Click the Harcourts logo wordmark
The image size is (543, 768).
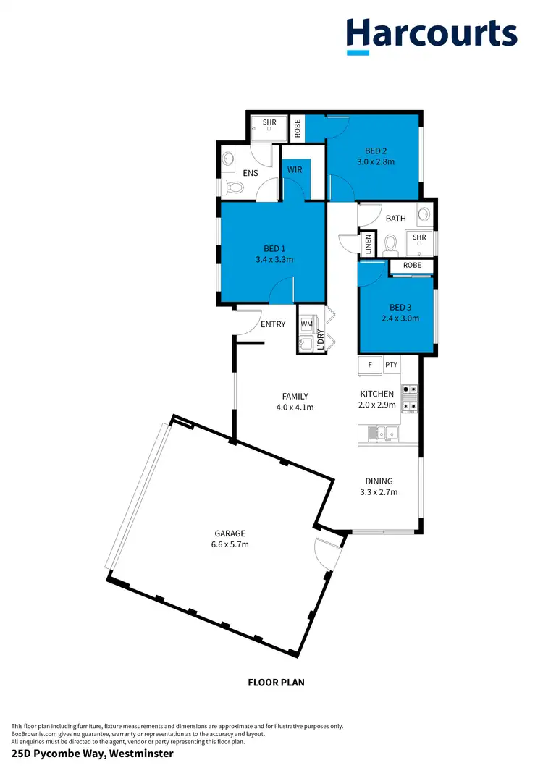432,34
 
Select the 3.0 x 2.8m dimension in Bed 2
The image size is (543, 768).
376,162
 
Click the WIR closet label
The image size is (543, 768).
295,170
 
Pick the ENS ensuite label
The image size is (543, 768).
251,173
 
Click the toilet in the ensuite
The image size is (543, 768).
233,187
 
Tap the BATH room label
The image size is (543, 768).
396,219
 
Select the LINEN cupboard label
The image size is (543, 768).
369,244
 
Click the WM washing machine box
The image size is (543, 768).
306,324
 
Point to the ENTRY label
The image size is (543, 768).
273,324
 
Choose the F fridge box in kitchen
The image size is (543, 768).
370,365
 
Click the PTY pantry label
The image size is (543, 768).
391,365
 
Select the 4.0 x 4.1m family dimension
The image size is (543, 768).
295,407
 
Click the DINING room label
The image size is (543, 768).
379,481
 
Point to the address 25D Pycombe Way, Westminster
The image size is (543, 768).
92,754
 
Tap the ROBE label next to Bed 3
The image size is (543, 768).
412,266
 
